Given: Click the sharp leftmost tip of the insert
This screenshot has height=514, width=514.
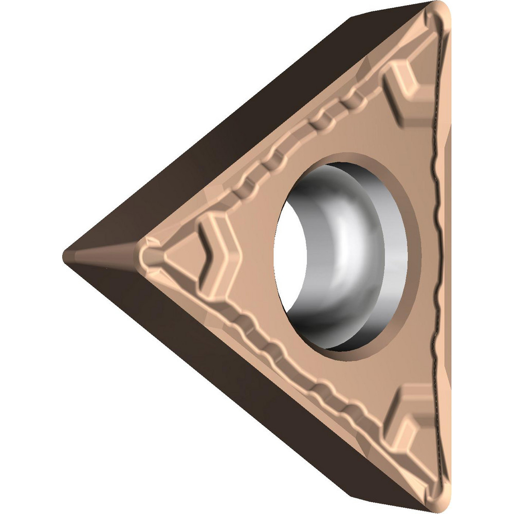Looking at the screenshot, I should click(65, 253).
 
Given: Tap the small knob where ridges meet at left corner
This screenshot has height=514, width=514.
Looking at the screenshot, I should click(149, 254).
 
